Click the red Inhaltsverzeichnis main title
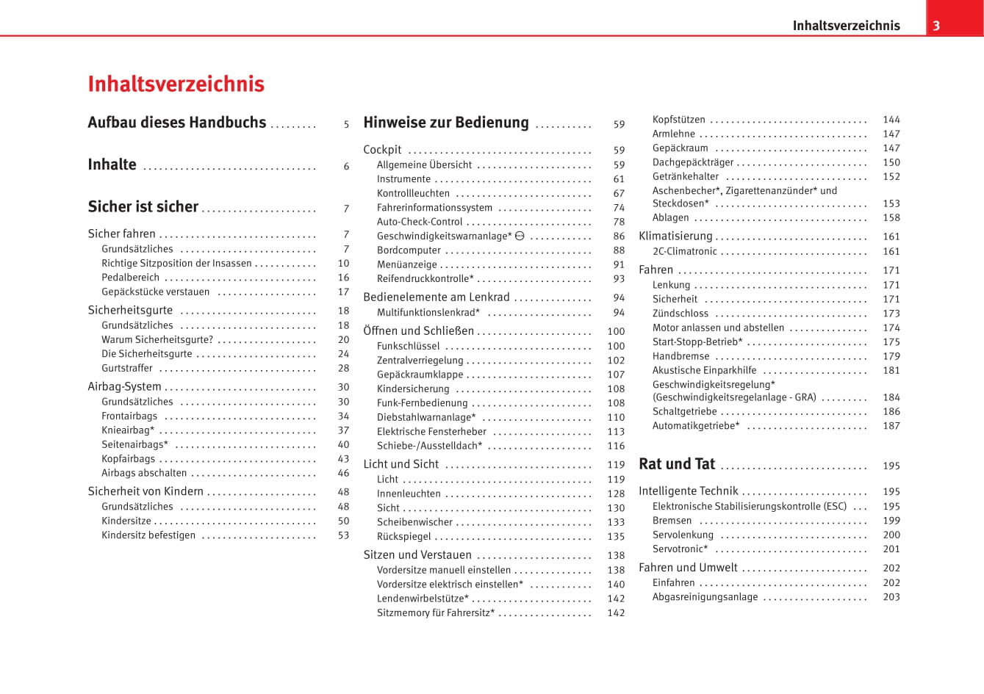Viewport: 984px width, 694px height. point(176,84)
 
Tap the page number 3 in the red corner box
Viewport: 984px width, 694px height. point(936,26)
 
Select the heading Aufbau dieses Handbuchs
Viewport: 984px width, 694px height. point(176,123)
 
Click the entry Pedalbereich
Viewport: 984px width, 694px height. point(130,278)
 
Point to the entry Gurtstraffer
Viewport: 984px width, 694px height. point(127,368)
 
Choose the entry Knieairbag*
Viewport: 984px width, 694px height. point(128,430)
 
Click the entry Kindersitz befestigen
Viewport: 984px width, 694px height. point(148,535)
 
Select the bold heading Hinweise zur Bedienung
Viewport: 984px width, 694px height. point(445,123)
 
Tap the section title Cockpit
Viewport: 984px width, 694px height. point(382,150)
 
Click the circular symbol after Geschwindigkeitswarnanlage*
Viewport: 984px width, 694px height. point(520,236)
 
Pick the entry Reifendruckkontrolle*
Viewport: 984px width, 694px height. point(425,279)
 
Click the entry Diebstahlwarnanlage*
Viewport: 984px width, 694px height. point(426,417)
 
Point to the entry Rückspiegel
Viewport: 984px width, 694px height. point(404,537)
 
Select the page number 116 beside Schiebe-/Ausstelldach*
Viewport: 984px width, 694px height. point(616,446)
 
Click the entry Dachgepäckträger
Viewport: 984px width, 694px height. point(693,162)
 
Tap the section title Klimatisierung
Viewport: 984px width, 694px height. point(675,236)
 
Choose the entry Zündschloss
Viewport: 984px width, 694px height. point(680,314)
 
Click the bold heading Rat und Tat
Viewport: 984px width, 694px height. point(677,464)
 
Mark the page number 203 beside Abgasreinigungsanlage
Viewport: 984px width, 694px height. point(891,597)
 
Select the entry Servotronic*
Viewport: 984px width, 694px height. point(680,549)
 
